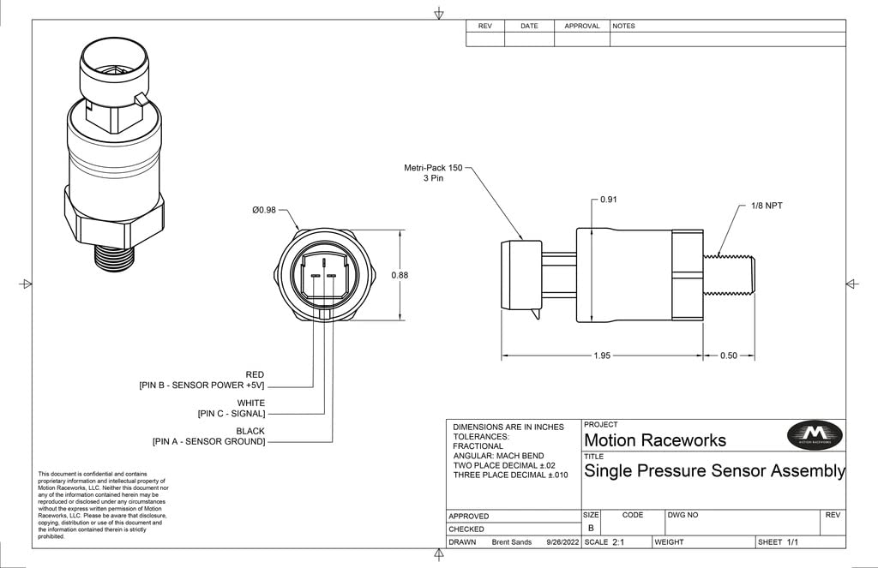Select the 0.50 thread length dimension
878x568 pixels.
[728, 356]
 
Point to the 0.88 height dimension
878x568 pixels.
[399, 275]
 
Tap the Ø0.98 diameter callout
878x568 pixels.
[265, 210]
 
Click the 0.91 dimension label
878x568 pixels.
[608, 200]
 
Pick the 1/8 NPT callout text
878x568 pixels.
[767, 206]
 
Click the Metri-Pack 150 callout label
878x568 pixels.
[432, 173]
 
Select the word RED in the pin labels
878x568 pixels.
[255, 374]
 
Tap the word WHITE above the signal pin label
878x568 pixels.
[250, 403]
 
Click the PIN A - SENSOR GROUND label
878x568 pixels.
[208, 442]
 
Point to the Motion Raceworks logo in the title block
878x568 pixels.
[809, 435]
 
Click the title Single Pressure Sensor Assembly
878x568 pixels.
[714, 471]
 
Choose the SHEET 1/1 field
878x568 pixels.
[778, 542]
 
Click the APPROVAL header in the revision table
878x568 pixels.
[581, 26]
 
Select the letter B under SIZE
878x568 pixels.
[590, 529]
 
